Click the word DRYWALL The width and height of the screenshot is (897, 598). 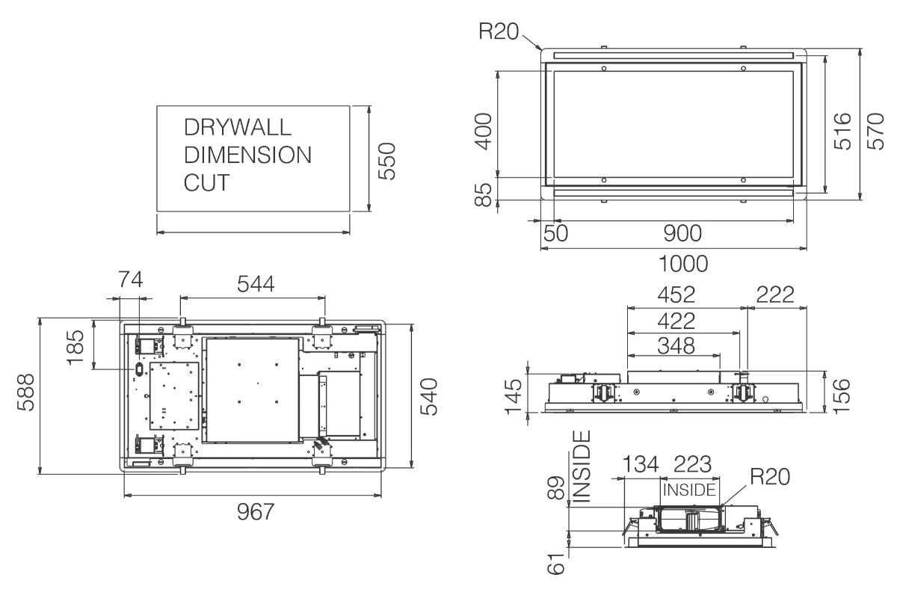pyautogui.click(x=238, y=127)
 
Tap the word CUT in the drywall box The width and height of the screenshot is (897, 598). pyautogui.click(x=206, y=182)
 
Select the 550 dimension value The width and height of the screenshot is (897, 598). pyautogui.click(x=387, y=161)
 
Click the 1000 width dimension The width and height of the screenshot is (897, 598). pyautogui.click(x=683, y=264)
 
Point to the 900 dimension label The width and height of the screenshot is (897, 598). pyautogui.click(x=682, y=233)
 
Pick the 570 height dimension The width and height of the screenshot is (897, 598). pyautogui.click(x=876, y=132)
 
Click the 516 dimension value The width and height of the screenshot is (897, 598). pyautogui.click(x=843, y=132)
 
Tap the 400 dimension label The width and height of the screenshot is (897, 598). pyautogui.click(x=484, y=132)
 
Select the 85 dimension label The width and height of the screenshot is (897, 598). pyautogui.click(x=484, y=195)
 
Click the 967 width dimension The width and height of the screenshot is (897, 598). pyautogui.click(x=256, y=511)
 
